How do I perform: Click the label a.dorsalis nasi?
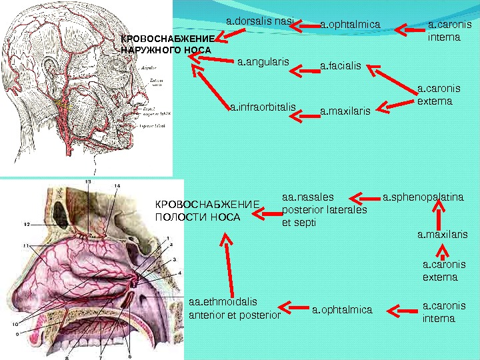click(x=260, y=22)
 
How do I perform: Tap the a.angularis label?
click(x=263, y=63)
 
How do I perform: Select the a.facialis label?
click(x=340, y=66)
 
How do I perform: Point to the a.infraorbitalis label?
click(x=262, y=107)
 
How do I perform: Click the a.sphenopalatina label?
click(x=423, y=197)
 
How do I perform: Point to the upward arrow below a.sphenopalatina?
click(x=439, y=217)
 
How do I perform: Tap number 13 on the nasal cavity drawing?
click(x=88, y=182)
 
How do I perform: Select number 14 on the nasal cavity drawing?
click(x=117, y=185)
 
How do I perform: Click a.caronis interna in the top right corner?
click(x=444, y=31)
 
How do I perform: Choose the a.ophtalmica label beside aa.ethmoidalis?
click(x=341, y=309)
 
